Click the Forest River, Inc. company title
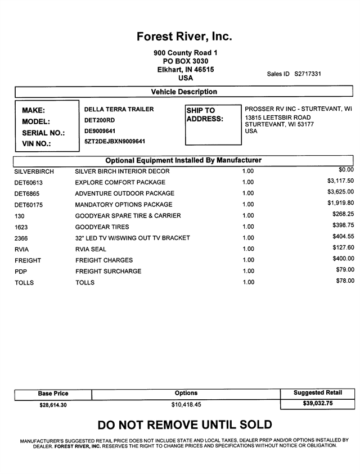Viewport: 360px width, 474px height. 184,37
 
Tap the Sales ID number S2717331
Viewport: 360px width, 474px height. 308,74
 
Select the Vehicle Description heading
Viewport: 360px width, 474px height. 184,92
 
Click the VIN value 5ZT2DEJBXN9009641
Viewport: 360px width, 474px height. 115,142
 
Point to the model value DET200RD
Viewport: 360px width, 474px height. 100,120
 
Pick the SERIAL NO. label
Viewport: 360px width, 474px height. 43,133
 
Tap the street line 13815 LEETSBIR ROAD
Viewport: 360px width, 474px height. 278,118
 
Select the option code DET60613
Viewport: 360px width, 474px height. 29,183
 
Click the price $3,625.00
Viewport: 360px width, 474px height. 340,192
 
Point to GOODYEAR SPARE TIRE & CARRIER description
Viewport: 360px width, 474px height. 128,216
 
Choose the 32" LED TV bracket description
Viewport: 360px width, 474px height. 133,238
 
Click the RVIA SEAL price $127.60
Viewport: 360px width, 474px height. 343,247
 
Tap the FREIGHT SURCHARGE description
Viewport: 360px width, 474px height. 109,272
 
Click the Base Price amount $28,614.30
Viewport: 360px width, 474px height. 53,405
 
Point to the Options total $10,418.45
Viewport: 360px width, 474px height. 186,404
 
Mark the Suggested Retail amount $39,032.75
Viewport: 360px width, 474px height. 317,404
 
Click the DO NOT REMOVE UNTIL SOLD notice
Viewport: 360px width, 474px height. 184,425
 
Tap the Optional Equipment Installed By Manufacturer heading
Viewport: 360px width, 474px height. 183,160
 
